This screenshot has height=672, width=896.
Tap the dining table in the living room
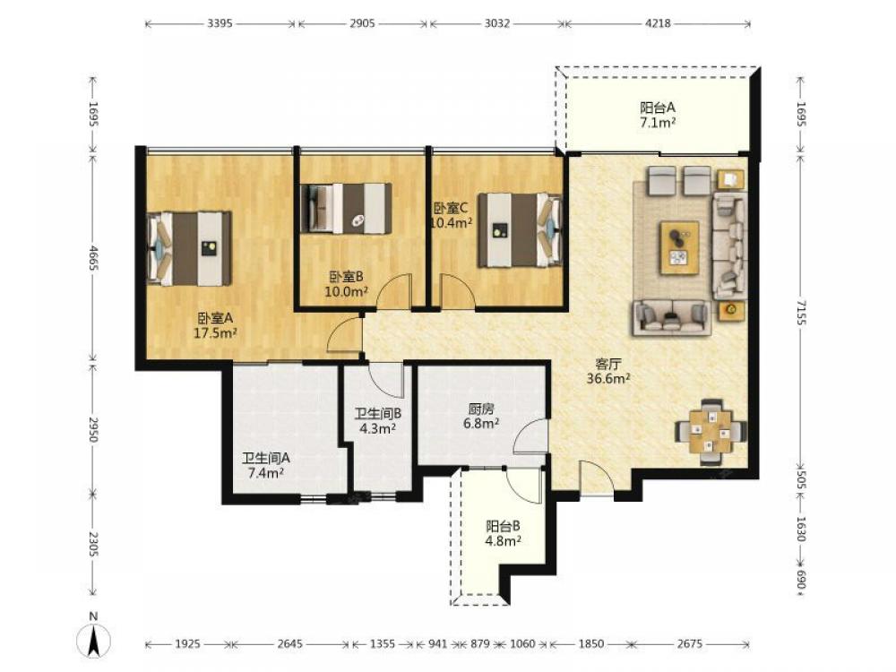pos(711,432)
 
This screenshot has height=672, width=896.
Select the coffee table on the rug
pos(679,247)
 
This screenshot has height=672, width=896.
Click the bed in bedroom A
pos(190,248)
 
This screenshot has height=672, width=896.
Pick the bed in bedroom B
pos(346,209)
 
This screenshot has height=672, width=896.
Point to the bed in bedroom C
pos(520,229)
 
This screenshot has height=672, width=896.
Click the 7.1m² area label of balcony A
pos(658,122)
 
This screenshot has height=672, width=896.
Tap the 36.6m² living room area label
pos(608,378)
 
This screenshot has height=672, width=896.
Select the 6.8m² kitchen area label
pos(481,424)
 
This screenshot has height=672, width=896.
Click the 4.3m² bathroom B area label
pos(378,428)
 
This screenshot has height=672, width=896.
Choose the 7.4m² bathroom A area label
pos(266,472)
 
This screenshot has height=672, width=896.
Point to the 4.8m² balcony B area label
pos(503,540)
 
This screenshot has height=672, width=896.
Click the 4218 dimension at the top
pos(658,23)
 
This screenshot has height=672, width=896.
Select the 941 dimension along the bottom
pos(437,644)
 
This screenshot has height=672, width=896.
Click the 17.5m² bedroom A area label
pos(215,333)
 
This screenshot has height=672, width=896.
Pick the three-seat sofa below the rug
pos(672,317)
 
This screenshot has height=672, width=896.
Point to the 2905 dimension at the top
pos(362,23)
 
